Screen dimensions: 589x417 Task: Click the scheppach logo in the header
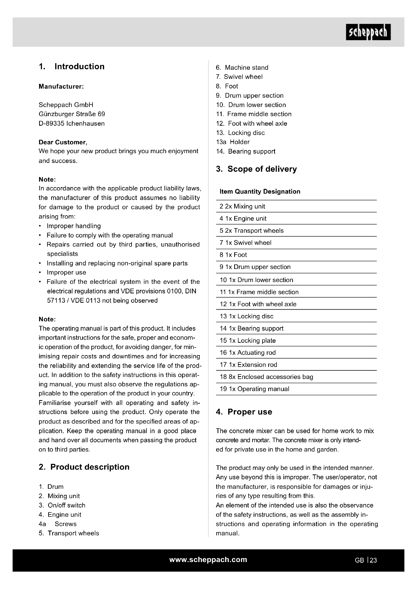pyautogui.click(x=368, y=32)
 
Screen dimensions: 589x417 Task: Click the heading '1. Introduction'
pyautogui.click(x=72, y=66)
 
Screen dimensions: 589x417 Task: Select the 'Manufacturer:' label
pyautogui.click(x=61, y=86)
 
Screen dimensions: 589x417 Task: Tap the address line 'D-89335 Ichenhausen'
pyautogui.click(x=72, y=123)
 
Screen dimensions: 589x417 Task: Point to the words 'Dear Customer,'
pyautogui.click(x=63, y=142)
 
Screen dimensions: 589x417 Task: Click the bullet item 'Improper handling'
pyautogui.click(x=74, y=226)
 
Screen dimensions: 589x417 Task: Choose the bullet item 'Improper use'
pyautogui.click(x=66, y=272)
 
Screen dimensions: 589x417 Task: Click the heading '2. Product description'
pyautogui.click(x=84, y=467)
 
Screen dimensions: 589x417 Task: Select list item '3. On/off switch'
pyautogui.click(x=62, y=505)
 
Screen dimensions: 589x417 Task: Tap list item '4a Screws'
pyautogui.click(x=58, y=524)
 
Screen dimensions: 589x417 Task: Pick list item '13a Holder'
pyautogui.click(x=233, y=142)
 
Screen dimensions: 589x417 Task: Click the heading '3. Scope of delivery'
pyautogui.click(x=256, y=169)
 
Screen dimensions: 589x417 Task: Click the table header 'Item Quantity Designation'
pyautogui.click(x=260, y=191)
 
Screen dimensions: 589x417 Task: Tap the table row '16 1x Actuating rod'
pyautogui.click(x=248, y=353)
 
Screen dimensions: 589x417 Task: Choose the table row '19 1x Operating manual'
pyautogui.click(x=254, y=389)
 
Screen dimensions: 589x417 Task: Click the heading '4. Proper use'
pyautogui.click(x=244, y=412)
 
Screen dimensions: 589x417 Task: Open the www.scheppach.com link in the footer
pyautogui.click(x=208, y=560)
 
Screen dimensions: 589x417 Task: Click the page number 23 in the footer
pyautogui.click(x=373, y=560)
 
